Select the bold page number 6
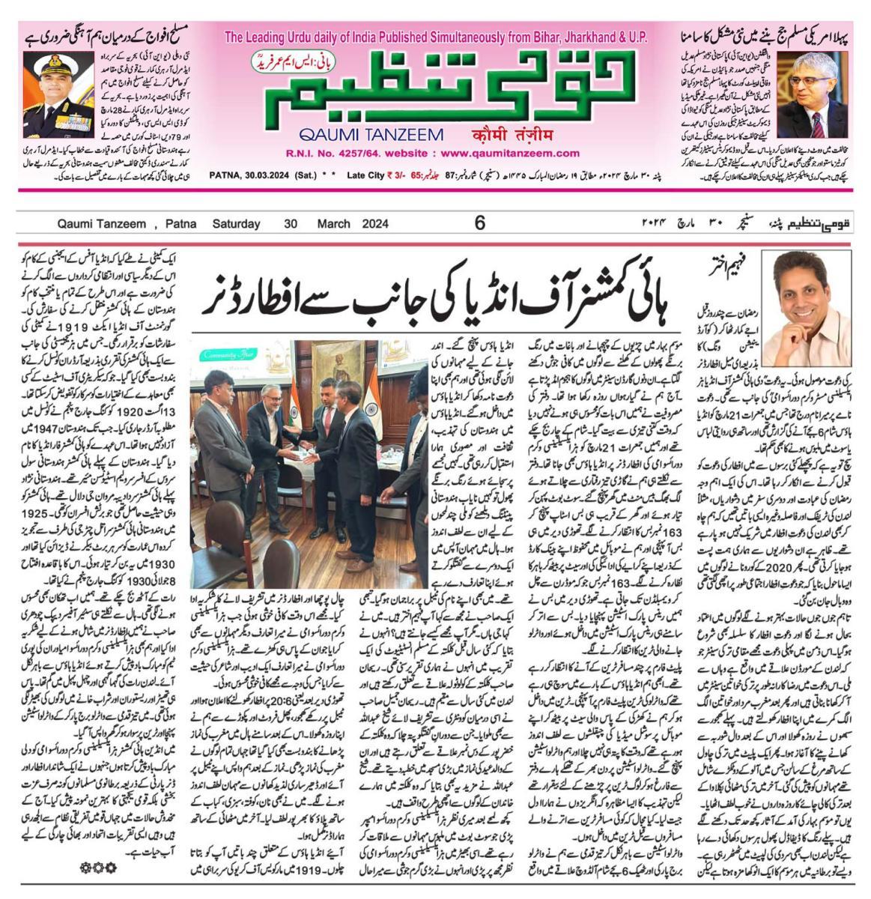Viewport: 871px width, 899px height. (x=480, y=223)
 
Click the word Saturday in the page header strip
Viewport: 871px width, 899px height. (x=236, y=223)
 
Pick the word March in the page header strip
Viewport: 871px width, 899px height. (x=333, y=223)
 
